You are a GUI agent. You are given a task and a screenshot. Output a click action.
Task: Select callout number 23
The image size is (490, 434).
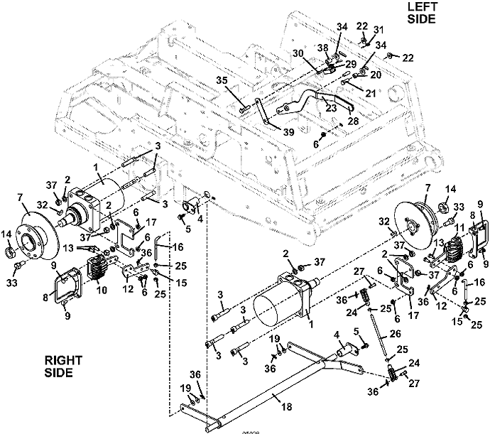pos(331,107)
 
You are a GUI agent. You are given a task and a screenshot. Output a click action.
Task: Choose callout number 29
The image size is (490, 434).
pos(352,64)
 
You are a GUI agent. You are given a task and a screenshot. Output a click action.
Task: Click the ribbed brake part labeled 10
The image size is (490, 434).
pos(97,272)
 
